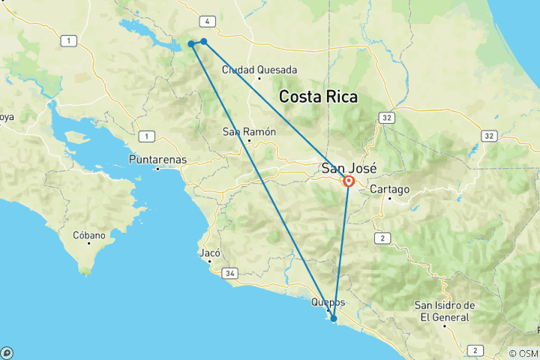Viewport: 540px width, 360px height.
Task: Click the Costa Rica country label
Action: [x=318, y=97]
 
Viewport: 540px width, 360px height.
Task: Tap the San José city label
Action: [x=349, y=167]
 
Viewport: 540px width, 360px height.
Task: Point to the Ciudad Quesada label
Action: [x=259, y=70]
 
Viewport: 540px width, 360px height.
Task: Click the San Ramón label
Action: [x=249, y=132]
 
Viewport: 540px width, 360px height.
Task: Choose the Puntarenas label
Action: [x=157, y=160]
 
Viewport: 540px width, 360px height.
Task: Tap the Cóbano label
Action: [x=89, y=235]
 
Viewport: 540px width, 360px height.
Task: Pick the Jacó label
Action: [x=209, y=253]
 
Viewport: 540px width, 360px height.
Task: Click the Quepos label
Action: [x=328, y=302]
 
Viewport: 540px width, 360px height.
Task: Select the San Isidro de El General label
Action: [x=445, y=310]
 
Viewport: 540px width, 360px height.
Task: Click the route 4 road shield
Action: [x=206, y=21]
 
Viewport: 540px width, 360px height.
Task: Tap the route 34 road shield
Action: [x=229, y=274]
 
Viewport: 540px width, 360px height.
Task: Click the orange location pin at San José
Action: [x=349, y=181]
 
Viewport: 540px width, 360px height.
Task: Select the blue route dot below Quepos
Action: [x=334, y=319]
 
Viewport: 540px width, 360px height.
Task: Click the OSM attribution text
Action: [x=523, y=353]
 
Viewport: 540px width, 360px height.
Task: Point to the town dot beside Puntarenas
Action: [x=157, y=169]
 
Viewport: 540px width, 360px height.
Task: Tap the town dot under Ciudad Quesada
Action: [x=259, y=78]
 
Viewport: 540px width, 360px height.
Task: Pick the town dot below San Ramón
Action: [x=248, y=140]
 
